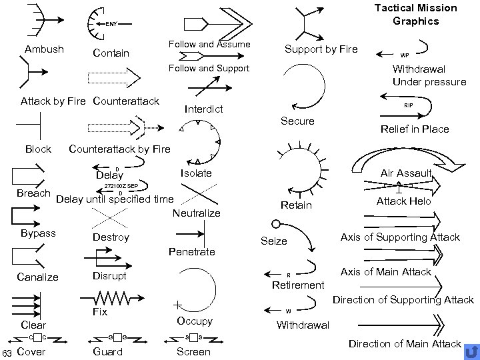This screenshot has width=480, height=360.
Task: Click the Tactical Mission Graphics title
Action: [x=415, y=14]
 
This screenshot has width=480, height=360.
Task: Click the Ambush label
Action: [x=44, y=49]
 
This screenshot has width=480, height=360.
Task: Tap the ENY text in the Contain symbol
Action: [x=111, y=24]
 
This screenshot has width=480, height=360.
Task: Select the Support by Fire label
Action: [x=321, y=49]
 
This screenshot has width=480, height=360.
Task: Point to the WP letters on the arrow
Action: [x=404, y=55]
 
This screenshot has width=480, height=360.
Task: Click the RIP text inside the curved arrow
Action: [x=408, y=105]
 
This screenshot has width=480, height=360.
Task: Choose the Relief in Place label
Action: [x=414, y=129]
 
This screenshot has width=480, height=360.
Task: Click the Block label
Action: [x=38, y=149]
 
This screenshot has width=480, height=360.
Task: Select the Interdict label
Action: [x=203, y=109]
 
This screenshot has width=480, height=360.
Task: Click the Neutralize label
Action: [x=196, y=213]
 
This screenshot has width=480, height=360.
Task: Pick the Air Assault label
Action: [x=406, y=173]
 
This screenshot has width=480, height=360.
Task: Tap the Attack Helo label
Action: [x=404, y=201]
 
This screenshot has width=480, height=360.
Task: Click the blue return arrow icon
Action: [x=470, y=351]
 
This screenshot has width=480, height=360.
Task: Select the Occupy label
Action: [x=195, y=321]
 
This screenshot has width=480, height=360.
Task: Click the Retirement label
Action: [x=298, y=285]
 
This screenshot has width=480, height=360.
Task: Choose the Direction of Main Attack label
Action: [x=405, y=344]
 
